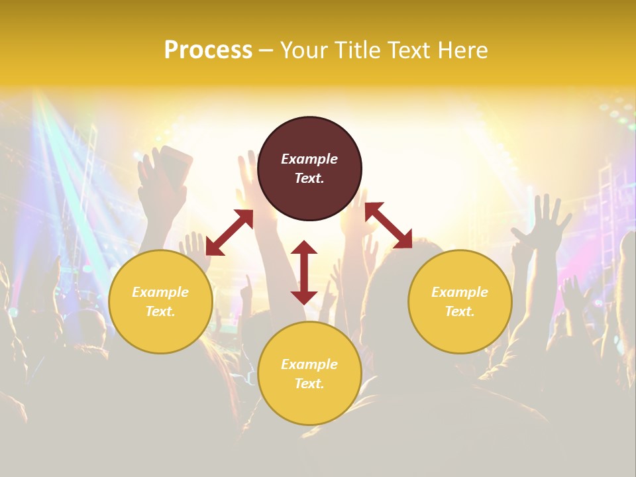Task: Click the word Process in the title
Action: click(x=208, y=50)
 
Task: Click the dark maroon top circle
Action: click(x=309, y=169)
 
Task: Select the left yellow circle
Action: click(x=160, y=301)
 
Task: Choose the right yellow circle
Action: click(x=460, y=301)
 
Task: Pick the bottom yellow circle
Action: click(x=309, y=374)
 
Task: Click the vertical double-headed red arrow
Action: click(x=304, y=272)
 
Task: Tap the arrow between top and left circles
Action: click(x=229, y=232)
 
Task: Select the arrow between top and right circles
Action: click(x=388, y=225)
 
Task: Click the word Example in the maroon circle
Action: click(x=309, y=159)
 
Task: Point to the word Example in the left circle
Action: click(x=160, y=292)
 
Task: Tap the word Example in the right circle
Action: click(x=460, y=292)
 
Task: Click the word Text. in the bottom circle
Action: click(x=309, y=384)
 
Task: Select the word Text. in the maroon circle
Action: click(x=309, y=178)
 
